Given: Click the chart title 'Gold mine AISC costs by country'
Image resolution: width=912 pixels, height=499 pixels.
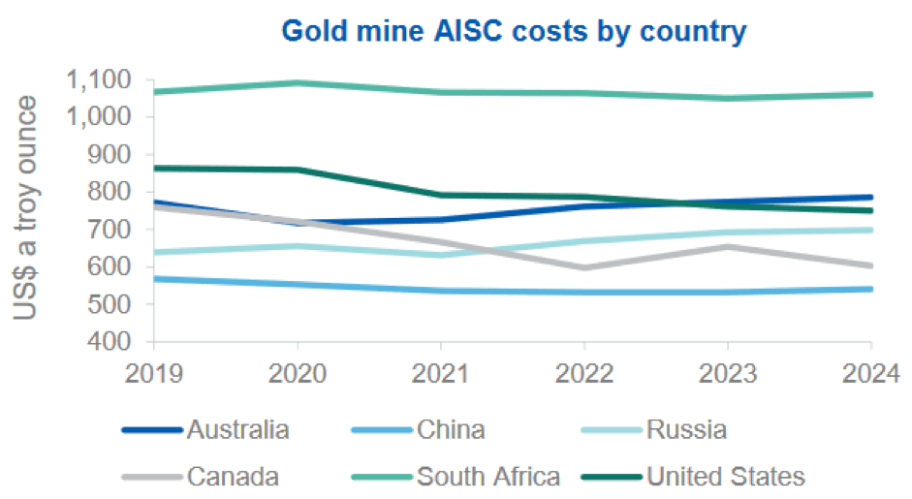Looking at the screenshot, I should [514, 30].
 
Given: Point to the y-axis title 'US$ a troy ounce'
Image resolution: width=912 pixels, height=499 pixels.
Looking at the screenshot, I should [27, 207].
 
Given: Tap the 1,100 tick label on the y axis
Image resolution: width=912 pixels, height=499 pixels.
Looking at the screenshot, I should [104, 79].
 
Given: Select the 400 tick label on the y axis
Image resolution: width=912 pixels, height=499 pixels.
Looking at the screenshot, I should [114, 342].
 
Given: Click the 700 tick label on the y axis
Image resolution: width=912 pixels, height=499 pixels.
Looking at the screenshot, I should [114, 230].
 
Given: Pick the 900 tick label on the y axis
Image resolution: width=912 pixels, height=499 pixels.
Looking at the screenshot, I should [114, 154].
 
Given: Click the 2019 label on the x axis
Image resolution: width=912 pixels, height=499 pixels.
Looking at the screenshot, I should [154, 373].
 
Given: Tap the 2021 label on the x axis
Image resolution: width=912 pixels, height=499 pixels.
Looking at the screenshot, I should [441, 373].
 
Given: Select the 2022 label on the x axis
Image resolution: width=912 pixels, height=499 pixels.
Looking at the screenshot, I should [583, 373].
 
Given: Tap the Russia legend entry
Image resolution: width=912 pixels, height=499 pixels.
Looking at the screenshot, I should [686, 429].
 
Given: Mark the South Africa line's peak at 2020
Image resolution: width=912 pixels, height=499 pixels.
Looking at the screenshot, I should [298, 82].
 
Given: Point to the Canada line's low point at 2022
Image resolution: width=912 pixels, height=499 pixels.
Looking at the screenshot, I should [583, 267].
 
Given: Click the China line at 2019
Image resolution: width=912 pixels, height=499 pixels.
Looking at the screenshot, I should [155, 279].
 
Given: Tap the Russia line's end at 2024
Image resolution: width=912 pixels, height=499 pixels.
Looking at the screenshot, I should [870, 230].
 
